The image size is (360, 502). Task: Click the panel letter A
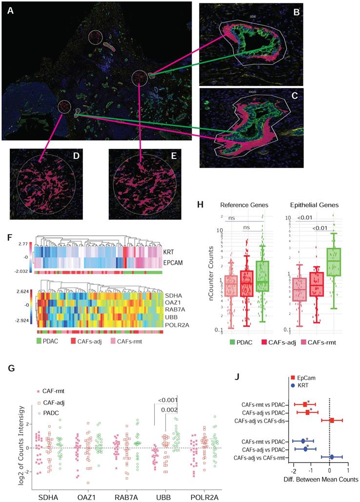(x=10, y=11)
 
